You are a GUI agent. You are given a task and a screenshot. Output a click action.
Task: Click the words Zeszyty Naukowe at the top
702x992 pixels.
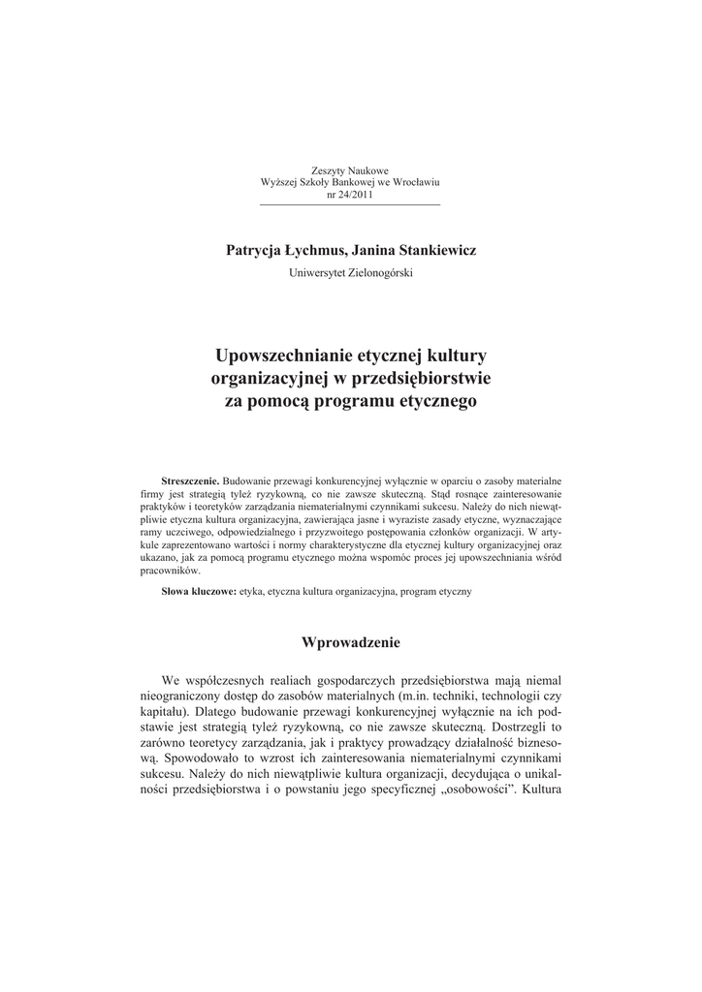tap(349, 170)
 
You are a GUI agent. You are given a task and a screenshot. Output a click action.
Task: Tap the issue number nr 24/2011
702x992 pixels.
tap(350, 195)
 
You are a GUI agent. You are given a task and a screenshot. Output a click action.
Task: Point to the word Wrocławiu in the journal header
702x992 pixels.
tap(415, 183)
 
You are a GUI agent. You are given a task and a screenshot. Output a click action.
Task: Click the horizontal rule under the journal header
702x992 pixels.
tap(350, 204)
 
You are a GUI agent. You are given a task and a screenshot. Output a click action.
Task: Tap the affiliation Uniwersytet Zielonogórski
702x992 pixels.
tap(350, 273)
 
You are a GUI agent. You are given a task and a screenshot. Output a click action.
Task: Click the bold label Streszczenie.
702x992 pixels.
tap(190, 480)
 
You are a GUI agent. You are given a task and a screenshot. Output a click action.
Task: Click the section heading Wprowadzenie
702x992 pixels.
tap(350, 642)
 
